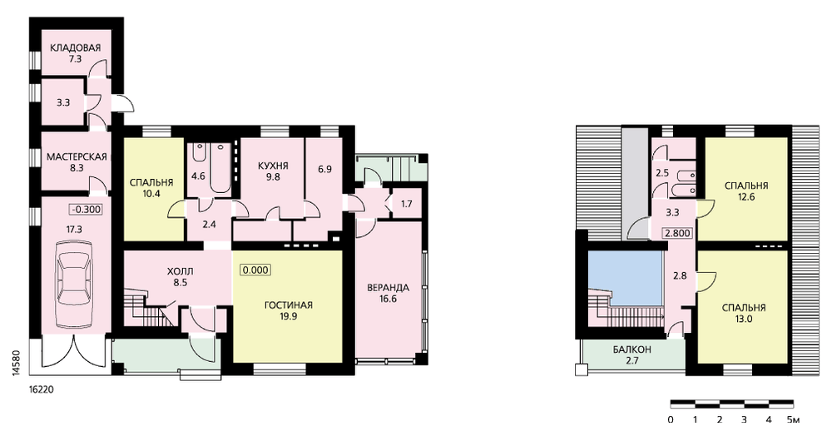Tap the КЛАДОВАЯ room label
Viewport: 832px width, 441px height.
coord(76,48)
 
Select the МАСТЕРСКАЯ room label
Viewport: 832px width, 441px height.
coord(77,157)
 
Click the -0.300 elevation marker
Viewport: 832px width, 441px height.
coord(85,209)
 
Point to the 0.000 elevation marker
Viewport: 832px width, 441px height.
coord(255,270)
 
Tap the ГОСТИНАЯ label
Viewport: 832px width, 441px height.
coord(289,305)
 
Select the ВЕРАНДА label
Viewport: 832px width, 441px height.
coord(388,288)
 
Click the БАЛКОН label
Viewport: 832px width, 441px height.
coord(632,350)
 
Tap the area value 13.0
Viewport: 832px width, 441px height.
coord(744,319)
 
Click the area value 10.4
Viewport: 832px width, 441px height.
coord(151,194)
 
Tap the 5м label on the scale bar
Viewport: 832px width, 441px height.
coord(793,419)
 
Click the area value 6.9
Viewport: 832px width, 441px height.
coord(324,169)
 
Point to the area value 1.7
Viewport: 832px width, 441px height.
coord(407,203)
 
